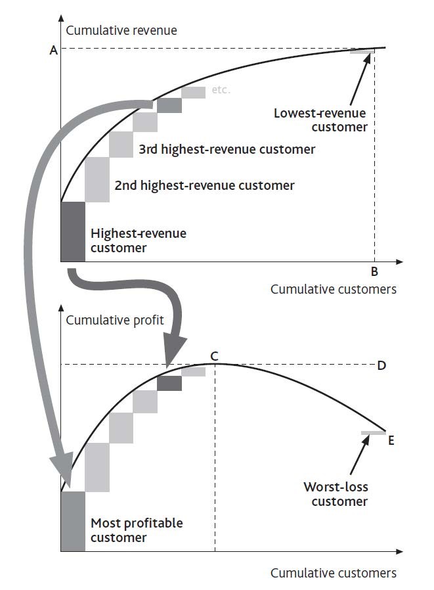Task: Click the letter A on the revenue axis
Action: pos(53,50)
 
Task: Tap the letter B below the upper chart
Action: pos(374,271)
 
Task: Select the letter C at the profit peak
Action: pos(214,355)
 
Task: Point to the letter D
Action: pos(381,365)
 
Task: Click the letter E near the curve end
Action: pos(391,440)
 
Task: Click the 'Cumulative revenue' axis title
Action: pos(121,30)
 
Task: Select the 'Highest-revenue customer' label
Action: pos(138,240)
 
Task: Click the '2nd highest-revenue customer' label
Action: pos(204,185)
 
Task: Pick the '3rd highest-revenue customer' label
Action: pos(227,149)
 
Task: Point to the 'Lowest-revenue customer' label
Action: pos(320,120)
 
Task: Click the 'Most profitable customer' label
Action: pos(137,530)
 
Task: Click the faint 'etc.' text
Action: pos(221,90)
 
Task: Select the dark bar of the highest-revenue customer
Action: pos(73,231)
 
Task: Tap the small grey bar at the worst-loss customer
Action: pos(374,432)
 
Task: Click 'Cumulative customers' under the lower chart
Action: pos(333,573)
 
